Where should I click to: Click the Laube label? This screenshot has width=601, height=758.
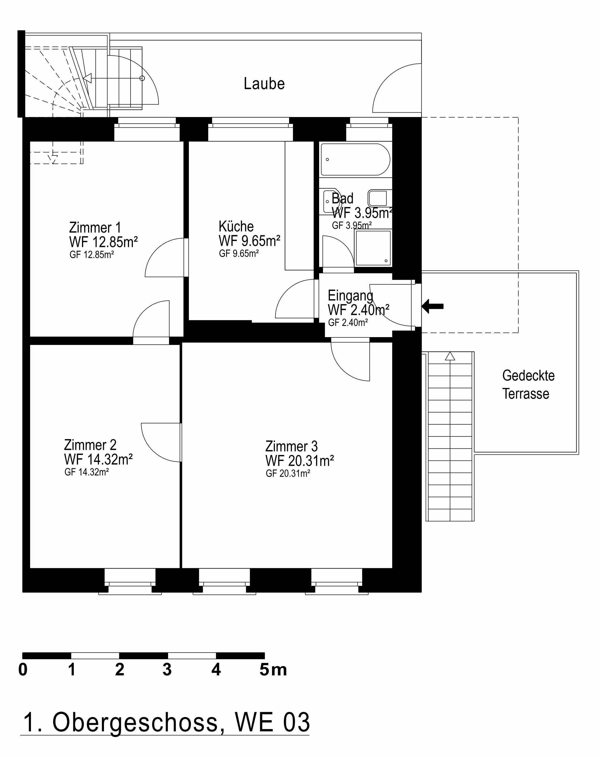coord(264,84)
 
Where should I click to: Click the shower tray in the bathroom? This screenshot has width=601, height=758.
coord(373,248)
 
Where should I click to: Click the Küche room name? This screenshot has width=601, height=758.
coord(236,226)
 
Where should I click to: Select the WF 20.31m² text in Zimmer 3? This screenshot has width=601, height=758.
coord(299,460)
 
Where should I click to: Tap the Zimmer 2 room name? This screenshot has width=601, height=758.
coord(90,445)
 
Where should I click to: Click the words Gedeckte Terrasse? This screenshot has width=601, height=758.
coord(528,384)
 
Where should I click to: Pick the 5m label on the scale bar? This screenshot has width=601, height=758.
coord(273,670)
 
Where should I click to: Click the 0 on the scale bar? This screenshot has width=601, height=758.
coord(23,670)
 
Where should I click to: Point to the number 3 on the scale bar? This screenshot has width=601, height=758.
coord(167,670)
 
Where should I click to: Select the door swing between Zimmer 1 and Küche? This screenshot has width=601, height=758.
coord(162,259)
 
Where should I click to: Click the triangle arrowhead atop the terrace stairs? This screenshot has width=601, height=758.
coord(450,356)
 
